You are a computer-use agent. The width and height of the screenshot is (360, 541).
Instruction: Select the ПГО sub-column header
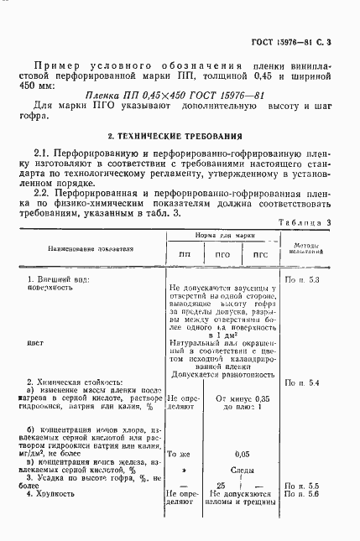pos(222,254)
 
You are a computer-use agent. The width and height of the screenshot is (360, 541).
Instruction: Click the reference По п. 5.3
pos(303,278)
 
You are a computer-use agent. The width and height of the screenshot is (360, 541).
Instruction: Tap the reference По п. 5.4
pos(303,382)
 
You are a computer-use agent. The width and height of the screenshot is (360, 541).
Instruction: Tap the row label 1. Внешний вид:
pos(59,278)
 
